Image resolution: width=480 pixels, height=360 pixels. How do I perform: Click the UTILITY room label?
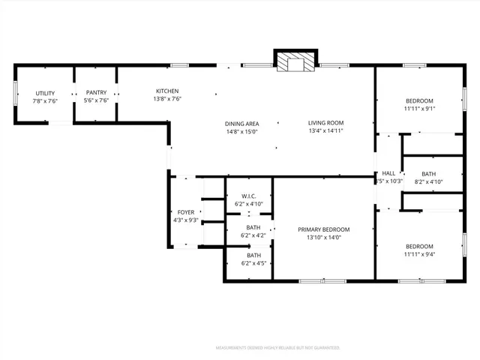coord(45,92)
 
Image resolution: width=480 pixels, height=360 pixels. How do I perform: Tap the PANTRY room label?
coord(96,92)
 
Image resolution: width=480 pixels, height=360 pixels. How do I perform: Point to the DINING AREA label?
coord(241,124)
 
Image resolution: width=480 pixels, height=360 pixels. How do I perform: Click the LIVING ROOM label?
coord(325,123)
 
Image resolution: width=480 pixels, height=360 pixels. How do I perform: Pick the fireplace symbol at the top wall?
coord(295,63)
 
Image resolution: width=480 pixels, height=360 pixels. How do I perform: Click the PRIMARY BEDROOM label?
coord(324,229)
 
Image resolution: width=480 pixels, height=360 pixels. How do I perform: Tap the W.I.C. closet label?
coord(249,196)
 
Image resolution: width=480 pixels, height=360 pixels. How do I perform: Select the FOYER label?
coord(185,212)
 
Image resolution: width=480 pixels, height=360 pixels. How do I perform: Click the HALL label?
coord(388,173)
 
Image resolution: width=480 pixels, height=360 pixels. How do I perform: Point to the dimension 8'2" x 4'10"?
coord(429,181)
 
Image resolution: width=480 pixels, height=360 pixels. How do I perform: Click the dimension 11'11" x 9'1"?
coord(419,109)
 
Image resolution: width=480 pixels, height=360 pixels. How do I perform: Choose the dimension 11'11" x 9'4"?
coord(419,254)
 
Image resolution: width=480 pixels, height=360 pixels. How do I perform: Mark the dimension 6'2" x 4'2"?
coord(253,235)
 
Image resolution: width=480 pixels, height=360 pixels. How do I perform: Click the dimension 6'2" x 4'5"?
coord(253,263)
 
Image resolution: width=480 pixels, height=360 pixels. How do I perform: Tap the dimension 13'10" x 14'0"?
coord(324,238)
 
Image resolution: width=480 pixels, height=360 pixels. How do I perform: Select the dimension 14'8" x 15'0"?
coord(241,131)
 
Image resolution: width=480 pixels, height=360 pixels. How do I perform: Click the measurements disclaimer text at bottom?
coord(277,348)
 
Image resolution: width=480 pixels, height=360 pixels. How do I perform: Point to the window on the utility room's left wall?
coord(15,94)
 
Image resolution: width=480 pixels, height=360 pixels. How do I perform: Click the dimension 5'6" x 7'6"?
coord(96,100)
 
